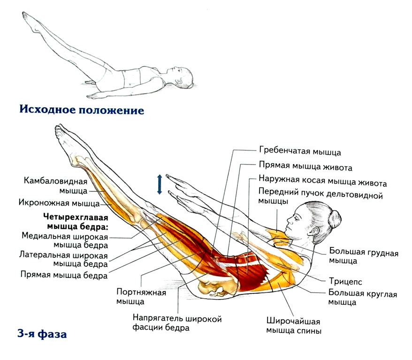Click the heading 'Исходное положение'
[81, 111]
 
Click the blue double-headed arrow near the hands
[160, 184]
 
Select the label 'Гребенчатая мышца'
[300, 152]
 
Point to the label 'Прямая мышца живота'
[305, 166]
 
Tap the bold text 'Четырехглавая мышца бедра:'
[75, 223]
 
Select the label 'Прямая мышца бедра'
[64, 274]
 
